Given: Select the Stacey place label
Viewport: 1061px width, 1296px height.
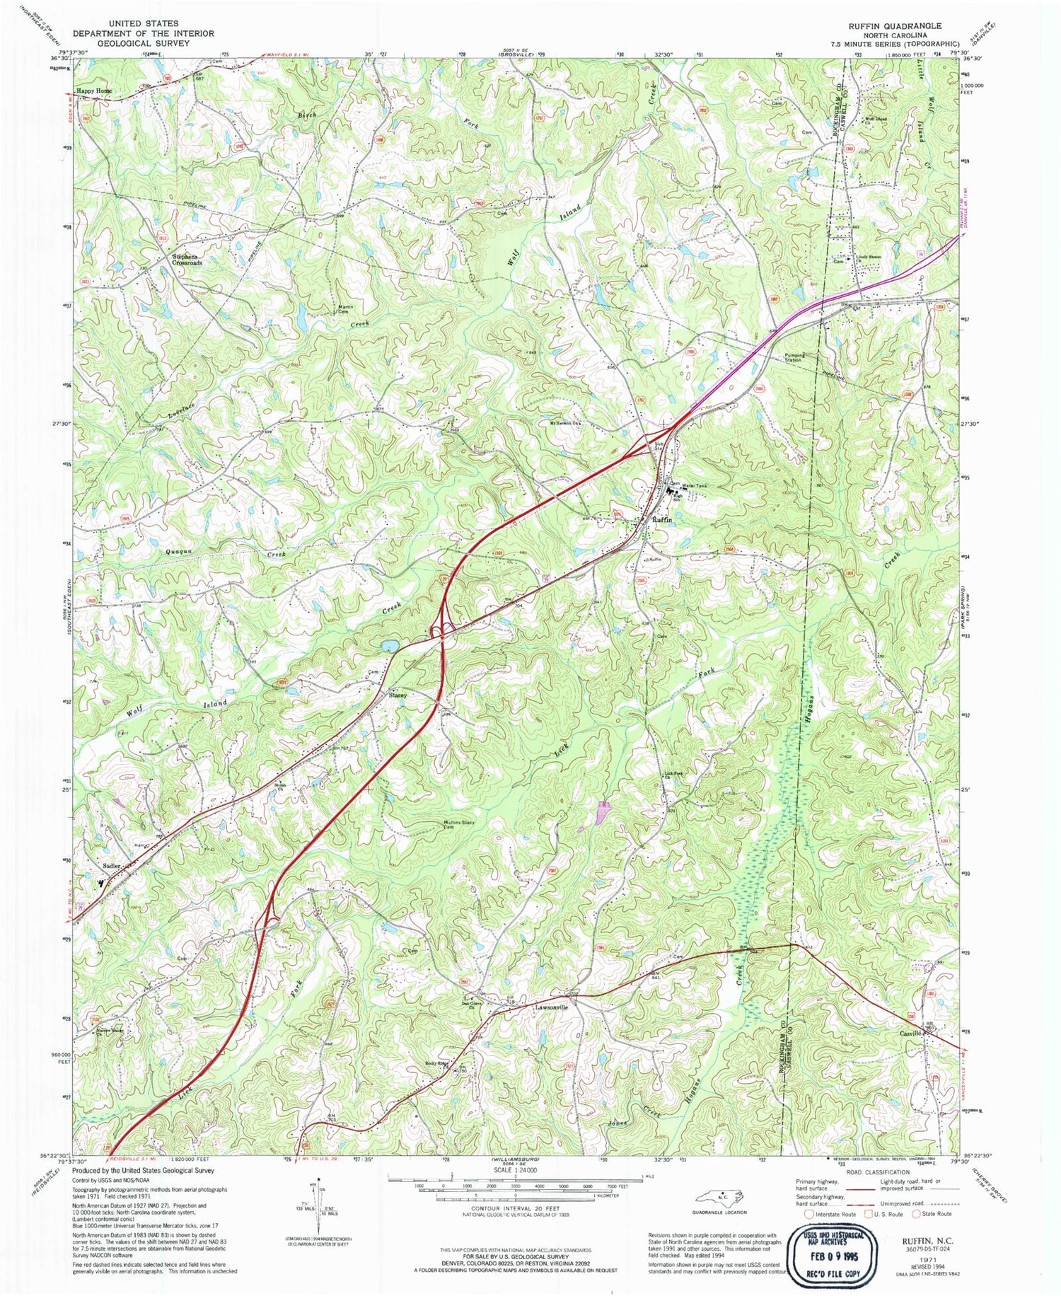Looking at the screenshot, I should pos(398,695).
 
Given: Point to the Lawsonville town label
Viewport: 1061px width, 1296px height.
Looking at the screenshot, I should pos(552,1007).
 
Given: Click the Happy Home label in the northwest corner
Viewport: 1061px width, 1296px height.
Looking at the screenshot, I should pos(94,91).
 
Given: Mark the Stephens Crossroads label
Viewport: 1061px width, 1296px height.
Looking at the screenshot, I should pos(187,259).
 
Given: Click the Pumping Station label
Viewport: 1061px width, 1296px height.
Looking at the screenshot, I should pos(792,358).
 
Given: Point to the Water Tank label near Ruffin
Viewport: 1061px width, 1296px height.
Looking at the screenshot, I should pos(694,486).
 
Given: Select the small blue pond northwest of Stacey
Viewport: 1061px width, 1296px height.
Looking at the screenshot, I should pos(388,646).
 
